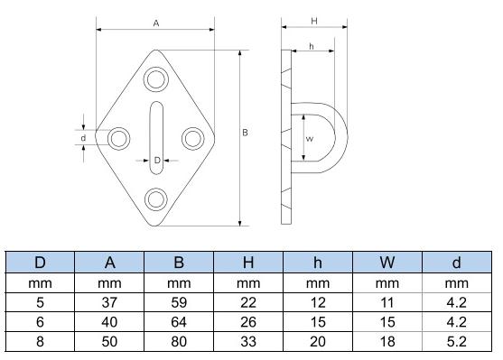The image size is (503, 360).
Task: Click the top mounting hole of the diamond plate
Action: tap(156, 80)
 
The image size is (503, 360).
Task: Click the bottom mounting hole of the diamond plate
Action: tap(156, 198)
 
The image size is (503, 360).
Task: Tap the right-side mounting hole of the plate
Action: tap(192, 138)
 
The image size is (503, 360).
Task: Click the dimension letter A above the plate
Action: tap(156, 23)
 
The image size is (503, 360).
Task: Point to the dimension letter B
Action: tap(246, 133)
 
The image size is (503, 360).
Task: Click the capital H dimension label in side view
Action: tap(312, 20)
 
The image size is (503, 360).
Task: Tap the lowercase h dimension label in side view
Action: tap(311, 47)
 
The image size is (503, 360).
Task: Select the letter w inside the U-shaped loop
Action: tap(310, 139)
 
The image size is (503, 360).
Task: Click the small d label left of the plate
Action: tap(83, 138)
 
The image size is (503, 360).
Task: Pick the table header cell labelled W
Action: tap(387, 263)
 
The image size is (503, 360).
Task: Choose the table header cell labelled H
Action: tap(248, 263)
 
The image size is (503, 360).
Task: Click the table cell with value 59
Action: tap(179, 303)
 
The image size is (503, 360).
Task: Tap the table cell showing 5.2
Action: tap(455, 342)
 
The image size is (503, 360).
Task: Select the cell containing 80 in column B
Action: tap(179, 342)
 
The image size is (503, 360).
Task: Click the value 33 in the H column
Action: tap(248, 342)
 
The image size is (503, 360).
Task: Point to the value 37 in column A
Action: tap(110, 303)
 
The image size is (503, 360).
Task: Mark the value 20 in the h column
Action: tap(317, 342)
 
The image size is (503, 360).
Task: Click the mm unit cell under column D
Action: tap(41, 284)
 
